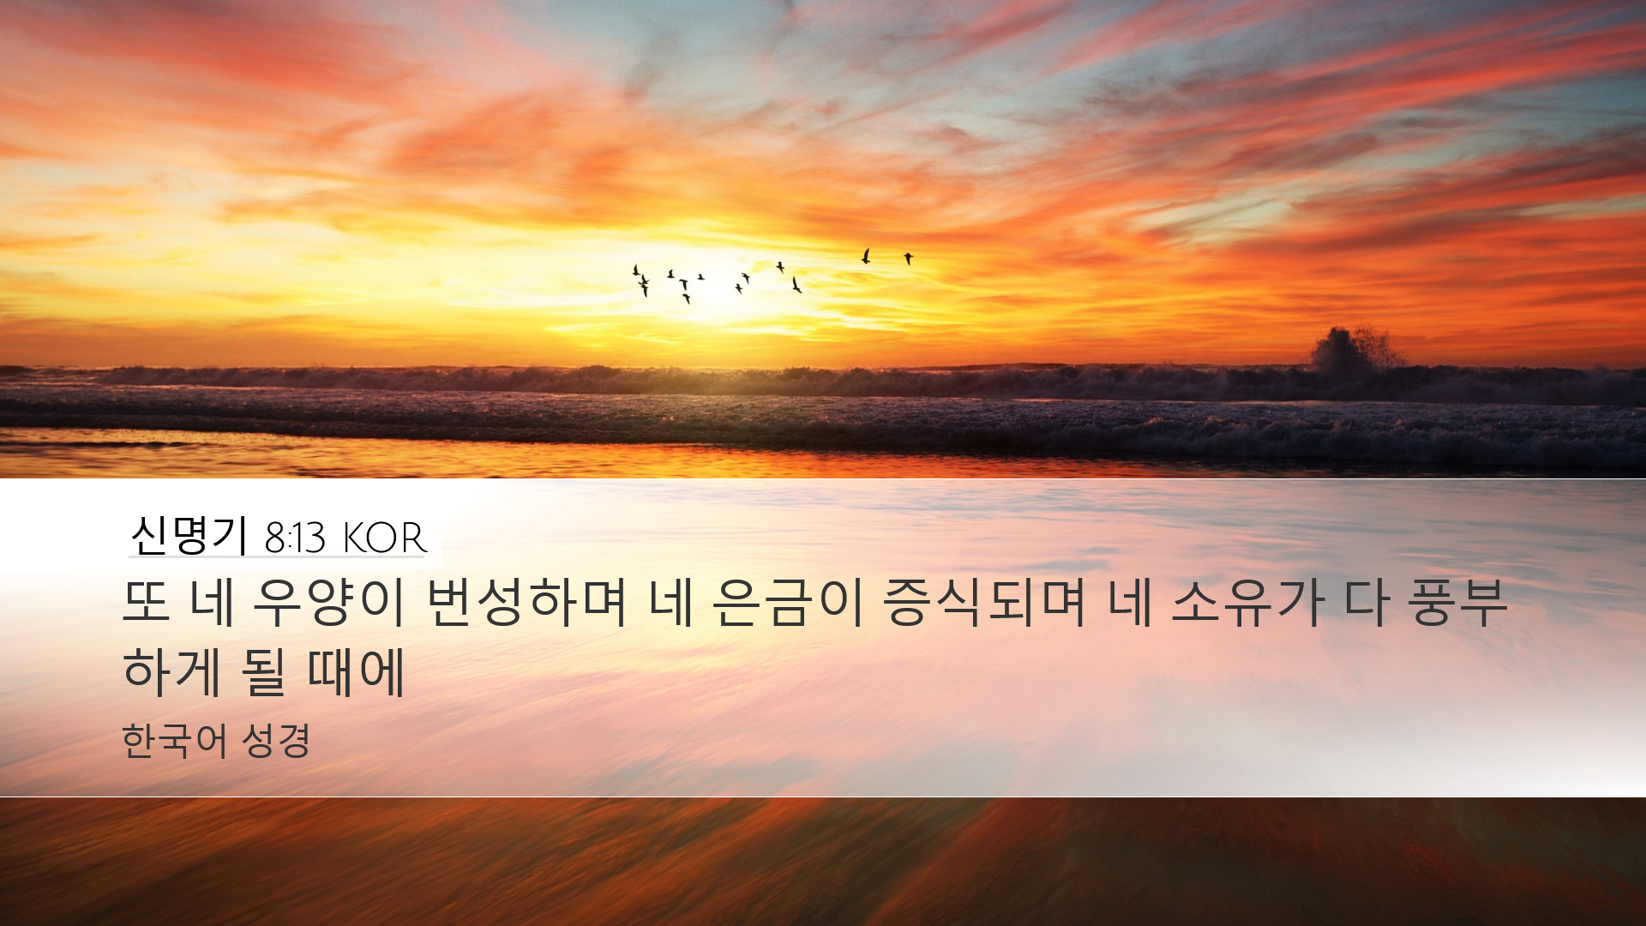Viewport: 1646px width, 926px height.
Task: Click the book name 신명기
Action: point(189,536)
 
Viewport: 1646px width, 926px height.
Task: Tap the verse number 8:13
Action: point(295,538)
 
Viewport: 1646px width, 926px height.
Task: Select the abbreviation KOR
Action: point(384,538)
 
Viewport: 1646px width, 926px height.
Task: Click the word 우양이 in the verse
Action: point(328,603)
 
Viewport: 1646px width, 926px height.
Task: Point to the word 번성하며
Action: point(526,603)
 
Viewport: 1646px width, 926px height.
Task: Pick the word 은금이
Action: point(787,603)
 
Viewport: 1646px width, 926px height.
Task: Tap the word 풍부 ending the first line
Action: point(1457,603)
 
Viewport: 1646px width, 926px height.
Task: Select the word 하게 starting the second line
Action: point(171,671)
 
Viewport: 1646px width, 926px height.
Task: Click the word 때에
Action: point(356,671)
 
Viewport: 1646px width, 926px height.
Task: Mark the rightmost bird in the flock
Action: point(908,258)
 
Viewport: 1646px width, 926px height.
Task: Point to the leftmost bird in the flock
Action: point(636,271)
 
